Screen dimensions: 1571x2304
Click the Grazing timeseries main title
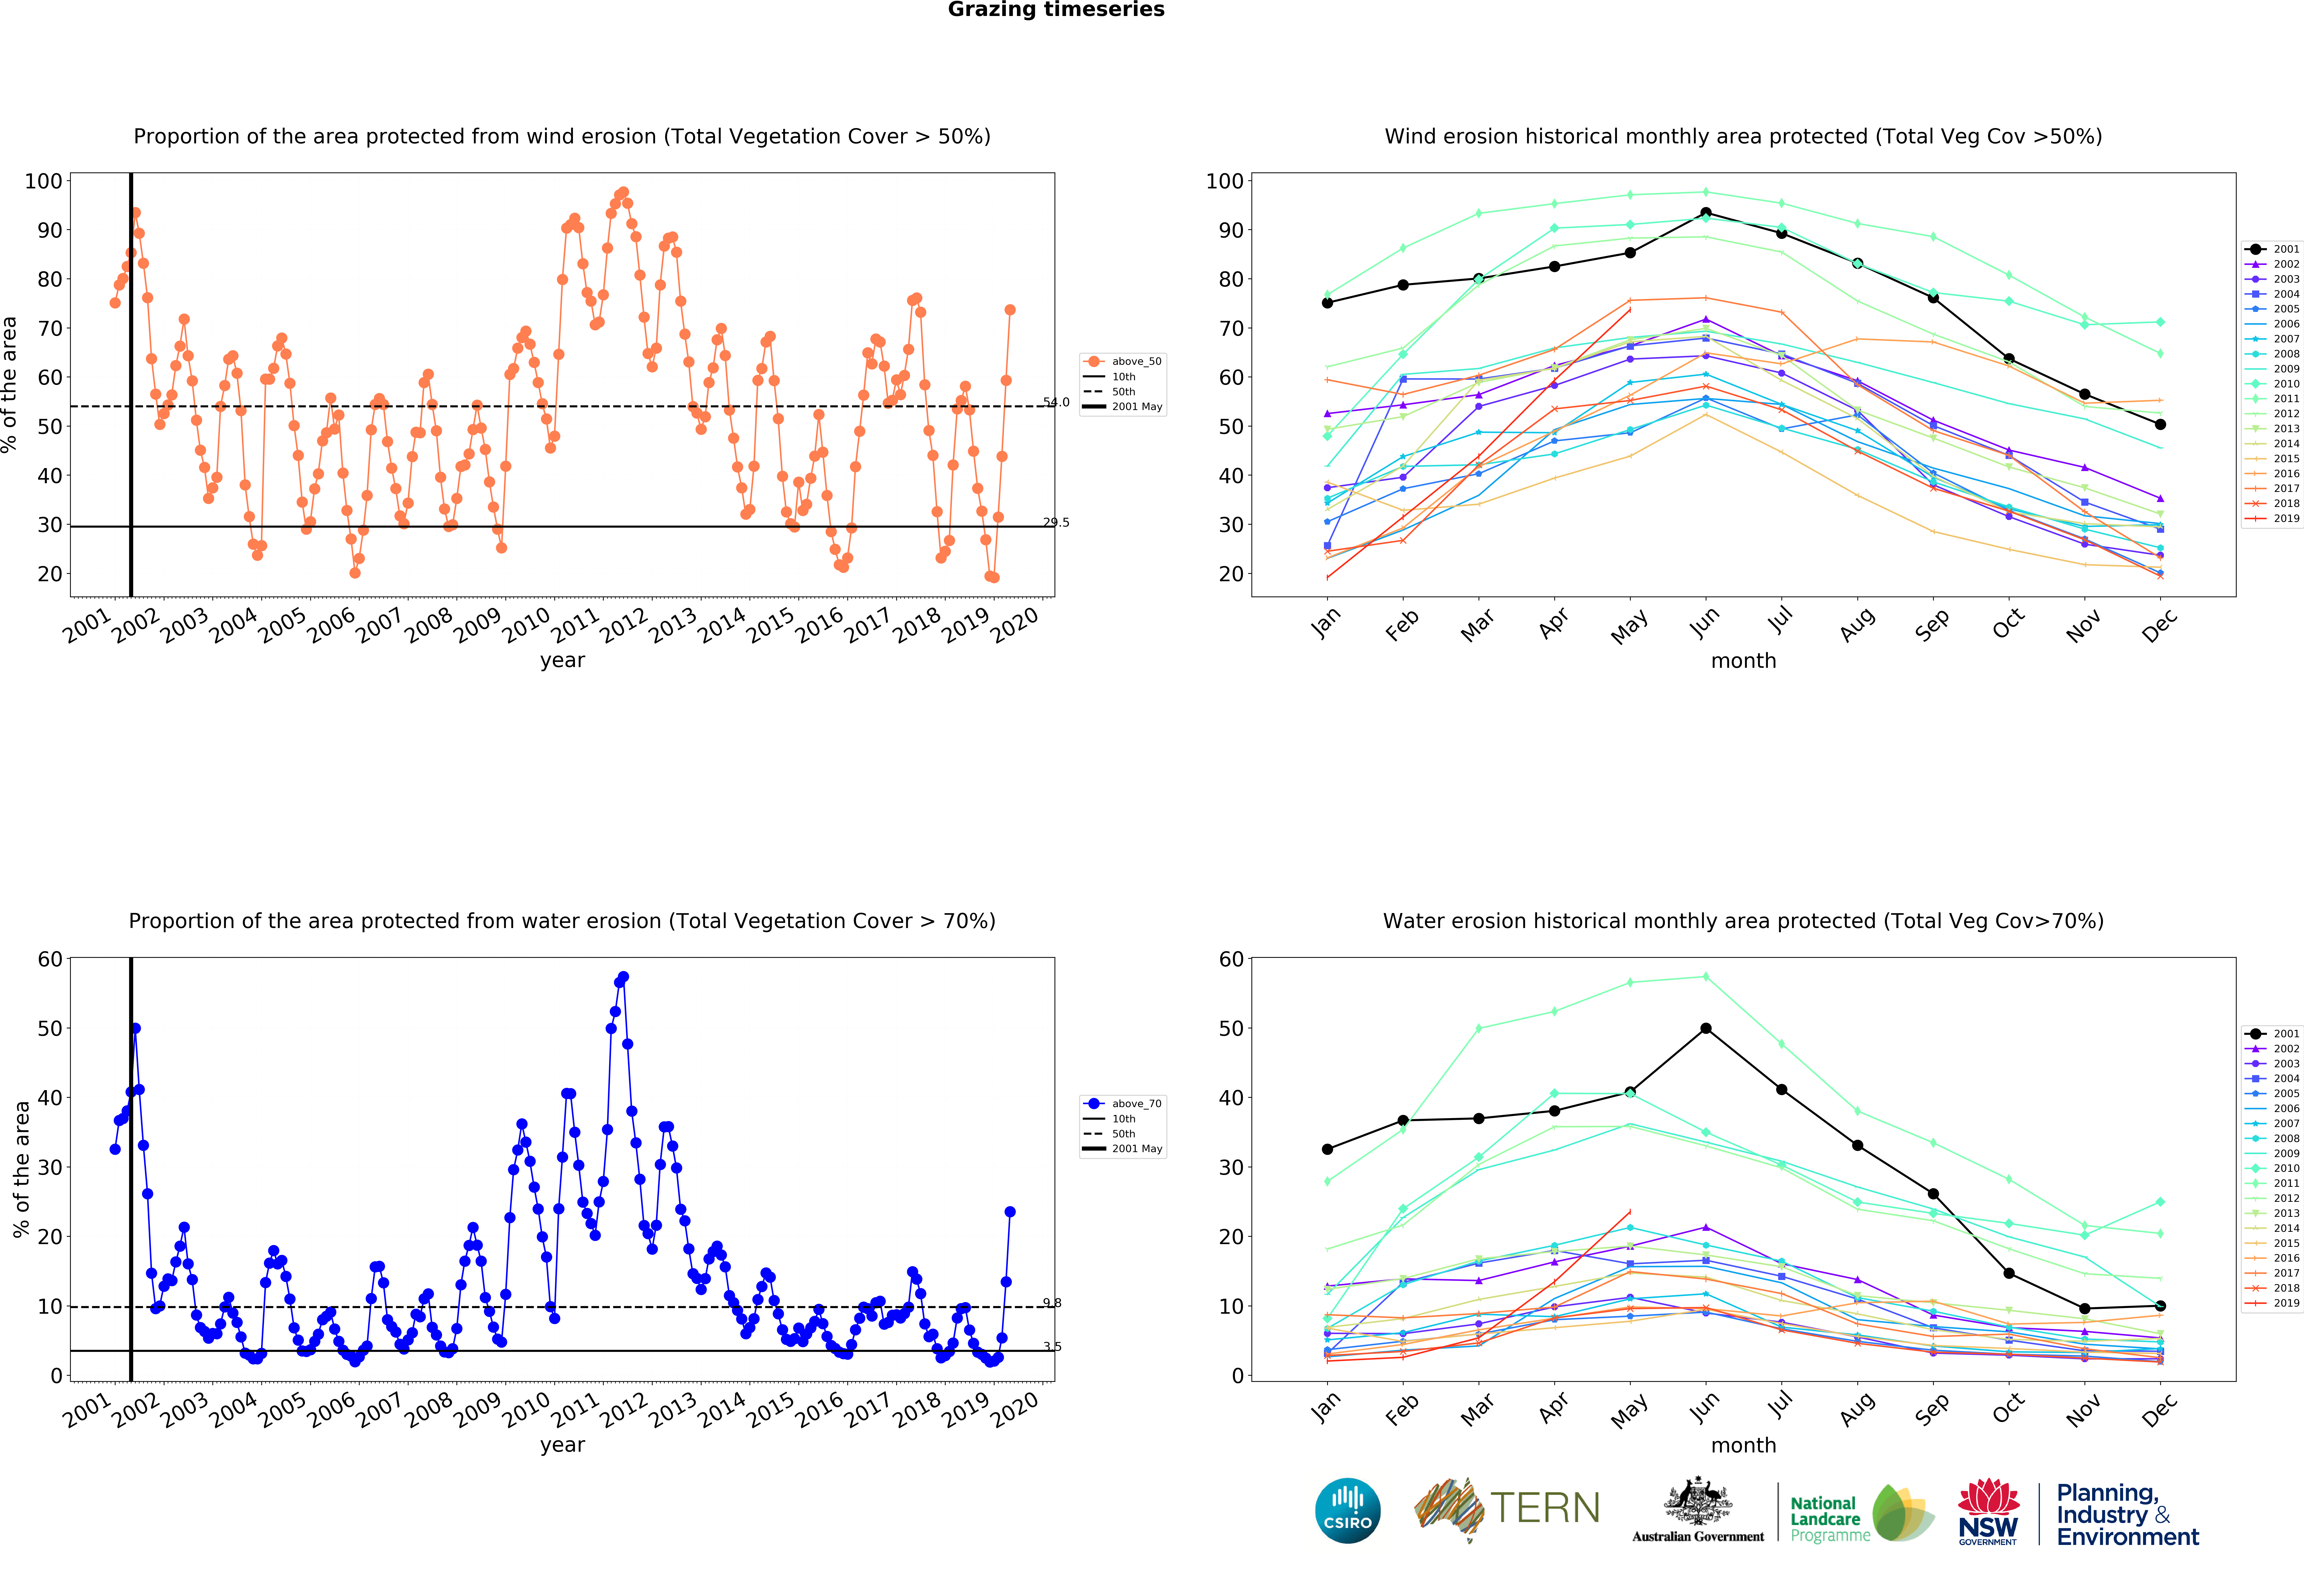[x=1056, y=10]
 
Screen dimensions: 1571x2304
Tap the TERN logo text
[x=1545, y=1509]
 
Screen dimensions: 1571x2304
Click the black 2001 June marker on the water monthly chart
[x=1705, y=1028]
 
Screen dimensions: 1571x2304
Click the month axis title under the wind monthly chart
[x=1743, y=660]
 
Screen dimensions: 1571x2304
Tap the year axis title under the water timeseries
[x=562, y=1445]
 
